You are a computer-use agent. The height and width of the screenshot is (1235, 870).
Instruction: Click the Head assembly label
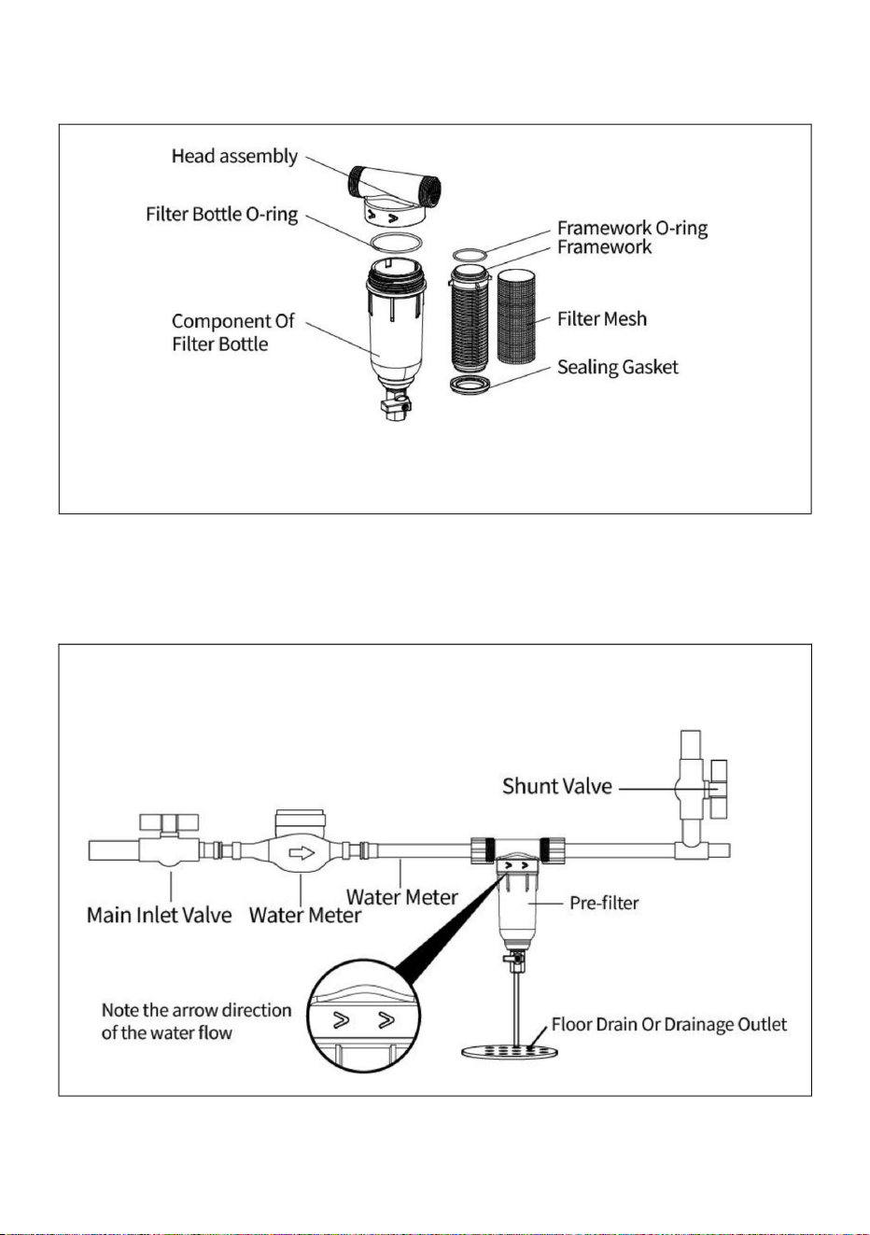(x=234, y=157)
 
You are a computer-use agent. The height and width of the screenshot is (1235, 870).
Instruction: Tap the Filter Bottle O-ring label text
(x=221, y=214)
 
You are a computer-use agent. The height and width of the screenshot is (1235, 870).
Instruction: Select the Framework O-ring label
(x=632, y=228)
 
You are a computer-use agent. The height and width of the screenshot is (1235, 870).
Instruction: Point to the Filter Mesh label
(x=602, y=318)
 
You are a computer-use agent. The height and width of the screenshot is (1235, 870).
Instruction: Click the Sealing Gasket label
(x=617, y=367)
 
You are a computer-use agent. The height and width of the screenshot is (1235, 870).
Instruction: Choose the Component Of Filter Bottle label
(x=232, y=332)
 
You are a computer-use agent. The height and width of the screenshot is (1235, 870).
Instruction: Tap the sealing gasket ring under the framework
(x=470, y=386)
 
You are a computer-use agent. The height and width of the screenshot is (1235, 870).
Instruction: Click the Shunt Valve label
(x=557, y=786)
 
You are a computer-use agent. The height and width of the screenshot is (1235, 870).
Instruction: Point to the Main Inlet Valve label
(x=160, y=916)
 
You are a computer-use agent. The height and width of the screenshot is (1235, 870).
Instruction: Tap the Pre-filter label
(x=604, y=903)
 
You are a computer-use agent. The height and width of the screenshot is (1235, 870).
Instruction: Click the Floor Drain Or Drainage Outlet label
(x=668, y=1024)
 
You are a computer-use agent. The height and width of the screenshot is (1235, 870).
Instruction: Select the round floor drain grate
(x=509, y=1051)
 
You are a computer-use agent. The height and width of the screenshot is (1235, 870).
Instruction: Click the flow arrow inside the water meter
(x=302, y=853)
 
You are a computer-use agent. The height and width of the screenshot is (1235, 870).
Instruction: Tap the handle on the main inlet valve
(x=169, y=822)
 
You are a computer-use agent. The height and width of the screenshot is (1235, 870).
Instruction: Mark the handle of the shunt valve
(x=719, y=789)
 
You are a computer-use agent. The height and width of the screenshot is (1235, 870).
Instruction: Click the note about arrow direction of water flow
(x=196, y=1021)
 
